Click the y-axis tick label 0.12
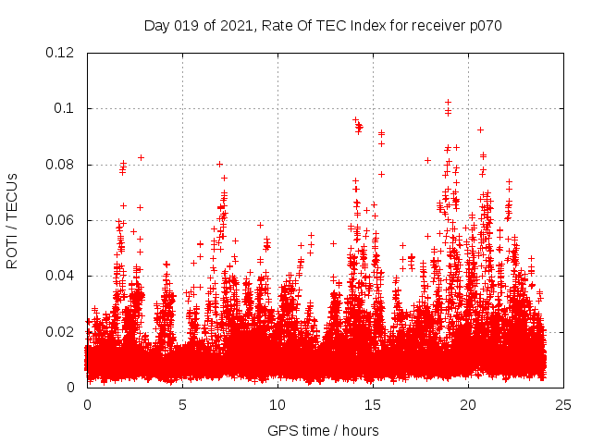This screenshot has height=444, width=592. [60, 53]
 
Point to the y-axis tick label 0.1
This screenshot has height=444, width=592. [65, 108]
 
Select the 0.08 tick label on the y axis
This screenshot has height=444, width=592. [60, 165]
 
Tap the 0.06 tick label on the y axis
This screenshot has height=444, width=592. [60, 220]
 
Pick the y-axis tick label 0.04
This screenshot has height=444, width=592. [60, 276]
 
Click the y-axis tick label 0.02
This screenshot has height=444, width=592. [60, 331]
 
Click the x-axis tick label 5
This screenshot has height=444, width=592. [182, 405]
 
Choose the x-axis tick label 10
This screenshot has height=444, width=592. [277, 405]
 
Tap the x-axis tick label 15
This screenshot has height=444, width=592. [373, 405]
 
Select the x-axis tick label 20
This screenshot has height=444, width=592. [468, 405]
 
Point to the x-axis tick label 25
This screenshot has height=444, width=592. [563, 405]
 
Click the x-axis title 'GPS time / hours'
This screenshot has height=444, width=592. [323, 430]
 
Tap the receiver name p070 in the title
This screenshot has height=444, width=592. [484, 25]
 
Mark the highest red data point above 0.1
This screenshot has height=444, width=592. [449, 103]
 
